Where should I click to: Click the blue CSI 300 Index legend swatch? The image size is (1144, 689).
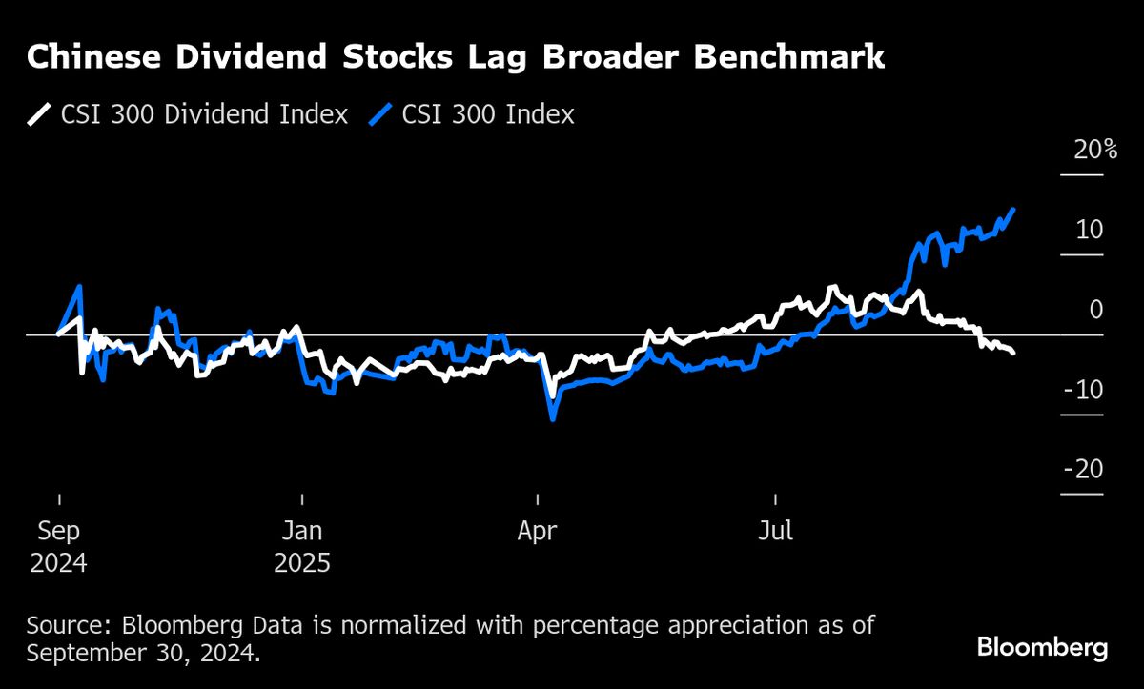click(x=378, y=115)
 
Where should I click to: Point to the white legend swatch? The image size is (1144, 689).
click(x=39, y=115)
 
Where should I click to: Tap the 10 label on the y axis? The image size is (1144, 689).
click(x=1090, y=230)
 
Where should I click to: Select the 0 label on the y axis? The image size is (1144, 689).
click(x=1097, y=310)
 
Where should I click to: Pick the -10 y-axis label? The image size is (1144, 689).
click(x=1084, y=390)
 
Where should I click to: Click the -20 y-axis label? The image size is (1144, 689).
click(x=1084, y=470)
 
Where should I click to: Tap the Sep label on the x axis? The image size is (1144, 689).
click(x=58, y=532)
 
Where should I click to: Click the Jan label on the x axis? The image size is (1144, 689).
click(x=301, y=532)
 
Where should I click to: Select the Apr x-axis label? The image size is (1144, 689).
click(x=538, y=532)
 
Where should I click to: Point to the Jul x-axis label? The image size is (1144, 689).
click(x=775, y=532)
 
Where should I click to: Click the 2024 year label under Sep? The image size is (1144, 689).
click(x=58, y=563)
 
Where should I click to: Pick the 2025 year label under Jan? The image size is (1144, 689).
click(x=301, y=563)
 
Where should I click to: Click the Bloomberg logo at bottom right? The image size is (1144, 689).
click(x=1042, y=649)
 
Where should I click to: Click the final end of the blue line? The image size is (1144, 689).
click(x=1012, y=209)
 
